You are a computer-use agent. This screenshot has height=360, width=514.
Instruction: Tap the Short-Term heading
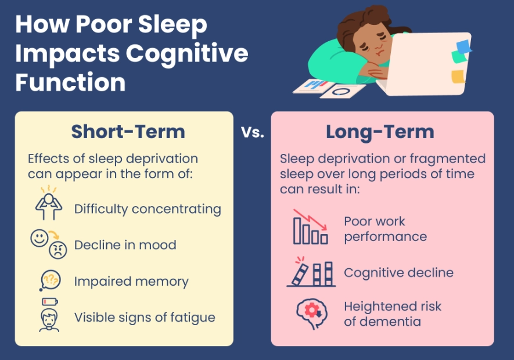coord(128,132)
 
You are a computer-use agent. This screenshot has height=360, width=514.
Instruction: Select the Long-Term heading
coord(380,132)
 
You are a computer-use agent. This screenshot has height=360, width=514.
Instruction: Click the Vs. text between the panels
coord(253,132)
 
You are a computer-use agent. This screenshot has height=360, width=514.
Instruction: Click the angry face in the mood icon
coord(58,250)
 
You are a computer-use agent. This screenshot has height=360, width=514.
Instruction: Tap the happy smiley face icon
coord(39,238)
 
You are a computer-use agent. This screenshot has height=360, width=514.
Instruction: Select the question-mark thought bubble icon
coord(50,280)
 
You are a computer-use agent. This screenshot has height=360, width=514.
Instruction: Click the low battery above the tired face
coord(50,301)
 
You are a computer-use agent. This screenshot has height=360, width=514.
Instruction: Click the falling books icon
coord(311,272)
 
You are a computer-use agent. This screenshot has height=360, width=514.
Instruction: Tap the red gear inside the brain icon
coord(311,310)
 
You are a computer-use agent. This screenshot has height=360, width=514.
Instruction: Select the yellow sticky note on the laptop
coord(458,77)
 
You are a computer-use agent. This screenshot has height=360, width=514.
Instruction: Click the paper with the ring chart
coord(343,91)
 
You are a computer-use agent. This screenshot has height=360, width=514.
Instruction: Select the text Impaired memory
coord(131,281)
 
